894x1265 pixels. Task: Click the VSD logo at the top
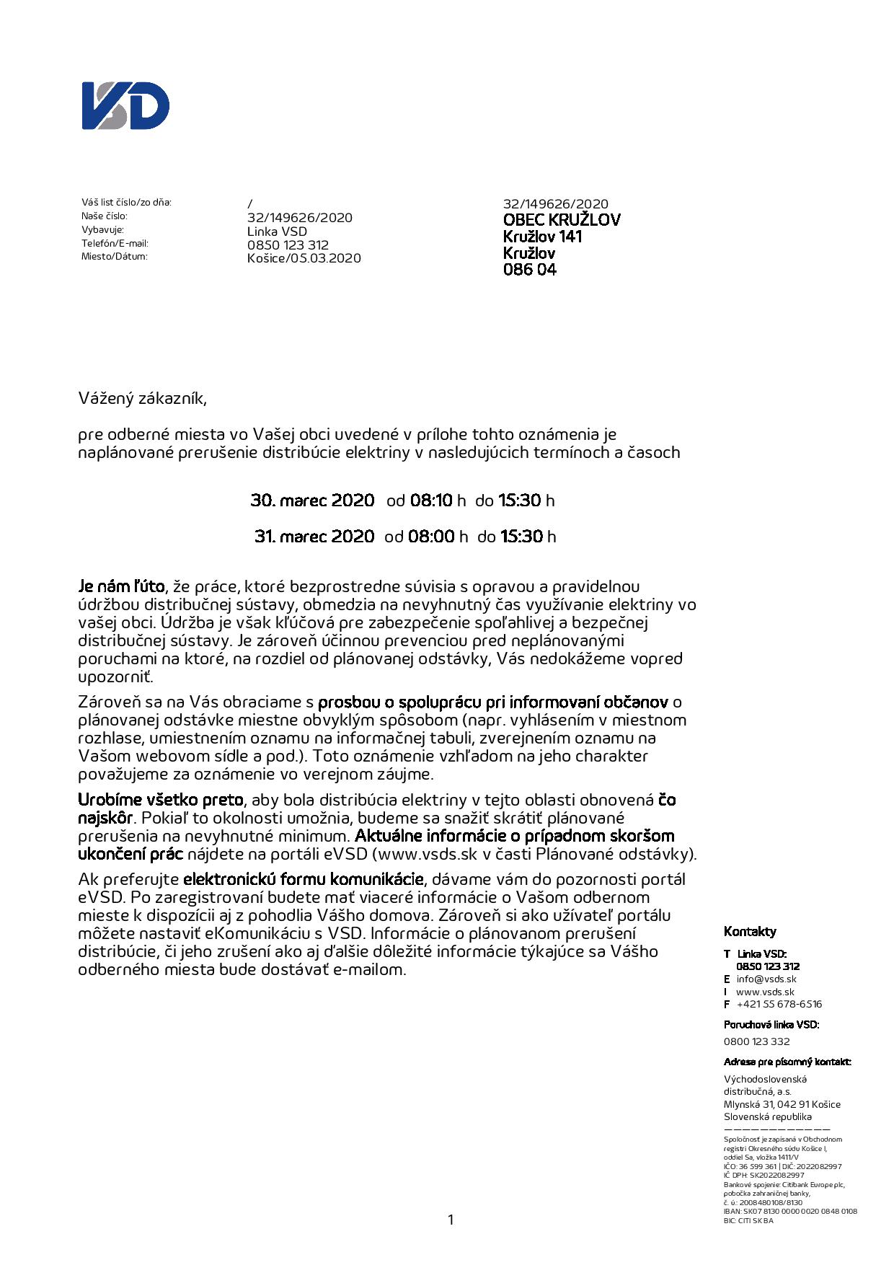pyautogui.click(x=125, y=106)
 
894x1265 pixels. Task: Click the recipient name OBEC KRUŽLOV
pyautogui.click(x=561, y=220)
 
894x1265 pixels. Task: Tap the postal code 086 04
pyautogui.click(x=529, y=270)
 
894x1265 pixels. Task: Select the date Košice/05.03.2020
pyautogui.click(x=304, y=258)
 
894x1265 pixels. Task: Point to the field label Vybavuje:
pyautogui.click(x=102, y=229)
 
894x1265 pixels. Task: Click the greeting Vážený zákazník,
pyautogui.click(x=143, y=398)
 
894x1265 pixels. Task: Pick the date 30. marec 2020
pyautogui.click(x=312, y=501)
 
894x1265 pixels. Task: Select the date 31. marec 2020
pyautogui.click(x=314, y=537)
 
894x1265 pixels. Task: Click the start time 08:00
pyautogui.click(x=431, y=537)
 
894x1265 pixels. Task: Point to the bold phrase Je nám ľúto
pyautogui.click(x=121, y=586)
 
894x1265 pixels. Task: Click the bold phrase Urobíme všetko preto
pyautogui.click(x=160, y=800)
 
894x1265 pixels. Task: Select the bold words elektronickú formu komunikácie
pyautogui.click(x=303, y=879)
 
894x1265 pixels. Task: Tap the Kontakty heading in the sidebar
pyautogui.click(x=750, y=932)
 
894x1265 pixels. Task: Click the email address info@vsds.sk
pyautogui.click(x=766, y=979)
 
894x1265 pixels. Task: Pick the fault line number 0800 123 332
pyautogui.click(x=756, y=1041)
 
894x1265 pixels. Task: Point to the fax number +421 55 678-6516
pyautogui.click(x=779, y=1004)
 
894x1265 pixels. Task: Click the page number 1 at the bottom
pyautogui.click(x=451, y=1220)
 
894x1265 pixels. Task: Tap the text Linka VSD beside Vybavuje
pyautogui.click(x=277, y=232)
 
